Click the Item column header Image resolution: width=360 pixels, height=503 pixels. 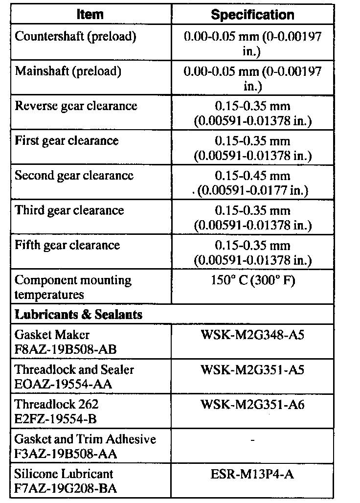tap(90, 15)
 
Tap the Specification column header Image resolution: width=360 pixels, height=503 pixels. tap(252, 15)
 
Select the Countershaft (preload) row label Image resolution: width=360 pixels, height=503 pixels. tap(75, 37)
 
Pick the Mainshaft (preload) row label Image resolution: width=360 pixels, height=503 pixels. tap(67, 71)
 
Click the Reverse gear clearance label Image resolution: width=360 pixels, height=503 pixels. tap(76, 106)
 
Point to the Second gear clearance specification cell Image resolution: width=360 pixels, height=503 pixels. tap(252, 183)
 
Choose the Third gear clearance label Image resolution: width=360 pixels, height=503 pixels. tap(69, 210)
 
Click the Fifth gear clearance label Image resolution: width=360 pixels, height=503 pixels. tap(67, 245)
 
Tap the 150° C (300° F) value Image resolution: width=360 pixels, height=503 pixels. tap(252, 281)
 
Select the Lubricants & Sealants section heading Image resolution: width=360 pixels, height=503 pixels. tap(79, 315)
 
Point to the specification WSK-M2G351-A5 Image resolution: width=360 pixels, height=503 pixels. tap(252, 370)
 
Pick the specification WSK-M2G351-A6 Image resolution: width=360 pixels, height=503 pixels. tap(252, 405)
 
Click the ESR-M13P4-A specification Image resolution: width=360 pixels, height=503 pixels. tap(252, 474)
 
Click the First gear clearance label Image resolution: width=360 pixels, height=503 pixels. tap(67, 141)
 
